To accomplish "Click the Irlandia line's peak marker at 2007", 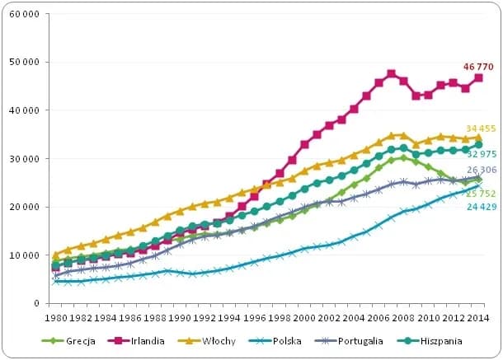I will (x=392, y=73).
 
